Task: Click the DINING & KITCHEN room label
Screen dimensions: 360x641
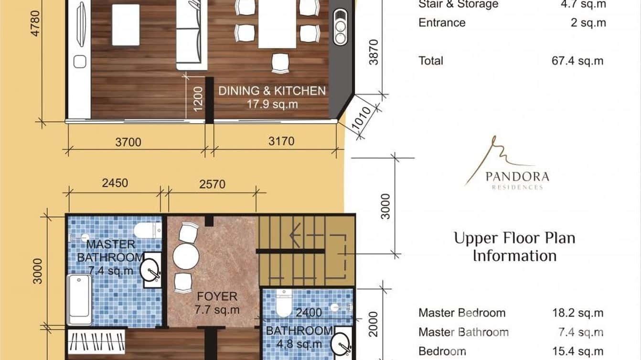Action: (272, 91)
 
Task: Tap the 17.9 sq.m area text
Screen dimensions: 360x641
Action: (272, 104)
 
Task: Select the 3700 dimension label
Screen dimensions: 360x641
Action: (128, 142)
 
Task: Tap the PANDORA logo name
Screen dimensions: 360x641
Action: (517, 176)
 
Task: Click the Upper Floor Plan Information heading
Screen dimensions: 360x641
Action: (514, 246)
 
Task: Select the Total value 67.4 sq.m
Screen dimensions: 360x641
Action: (577, 61)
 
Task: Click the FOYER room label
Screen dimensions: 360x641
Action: (217, 296)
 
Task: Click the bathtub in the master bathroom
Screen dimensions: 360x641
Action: (79, 299)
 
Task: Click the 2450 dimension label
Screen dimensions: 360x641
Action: (115, 183)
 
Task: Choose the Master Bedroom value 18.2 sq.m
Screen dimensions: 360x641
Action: (577, 313)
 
